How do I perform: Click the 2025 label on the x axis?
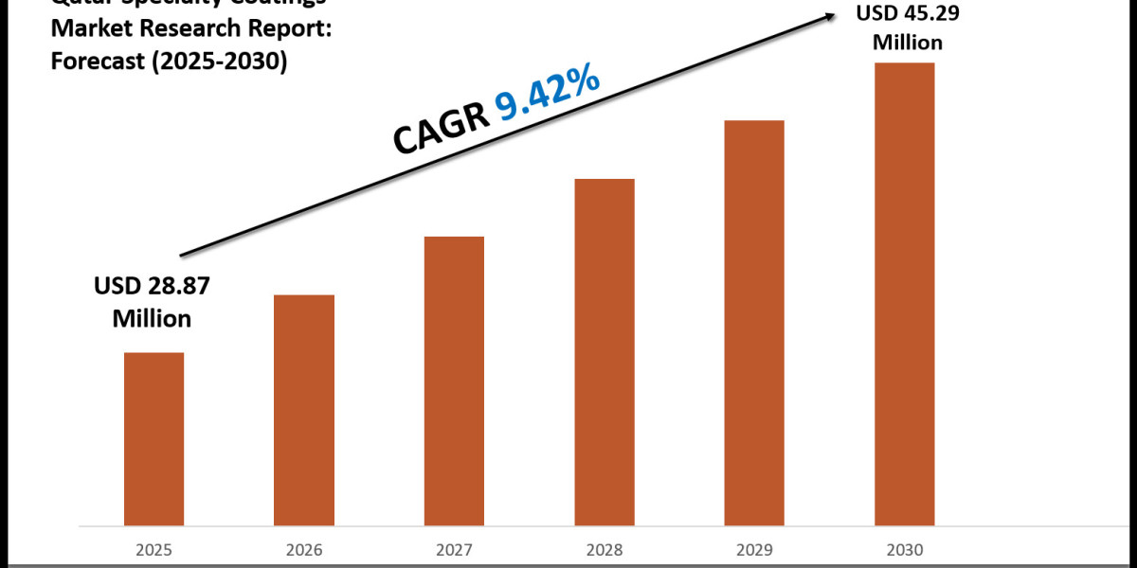click(x=154, y=550)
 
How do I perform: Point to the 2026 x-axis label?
click(x=304, y=550)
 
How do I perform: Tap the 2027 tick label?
click(x=454, y=550)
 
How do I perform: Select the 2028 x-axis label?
click(x=605, y=550)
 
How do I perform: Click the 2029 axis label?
click(x=754, y=550)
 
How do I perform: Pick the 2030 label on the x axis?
click(x=904, y=550)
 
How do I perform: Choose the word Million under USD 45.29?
click(x=908, y=42)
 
